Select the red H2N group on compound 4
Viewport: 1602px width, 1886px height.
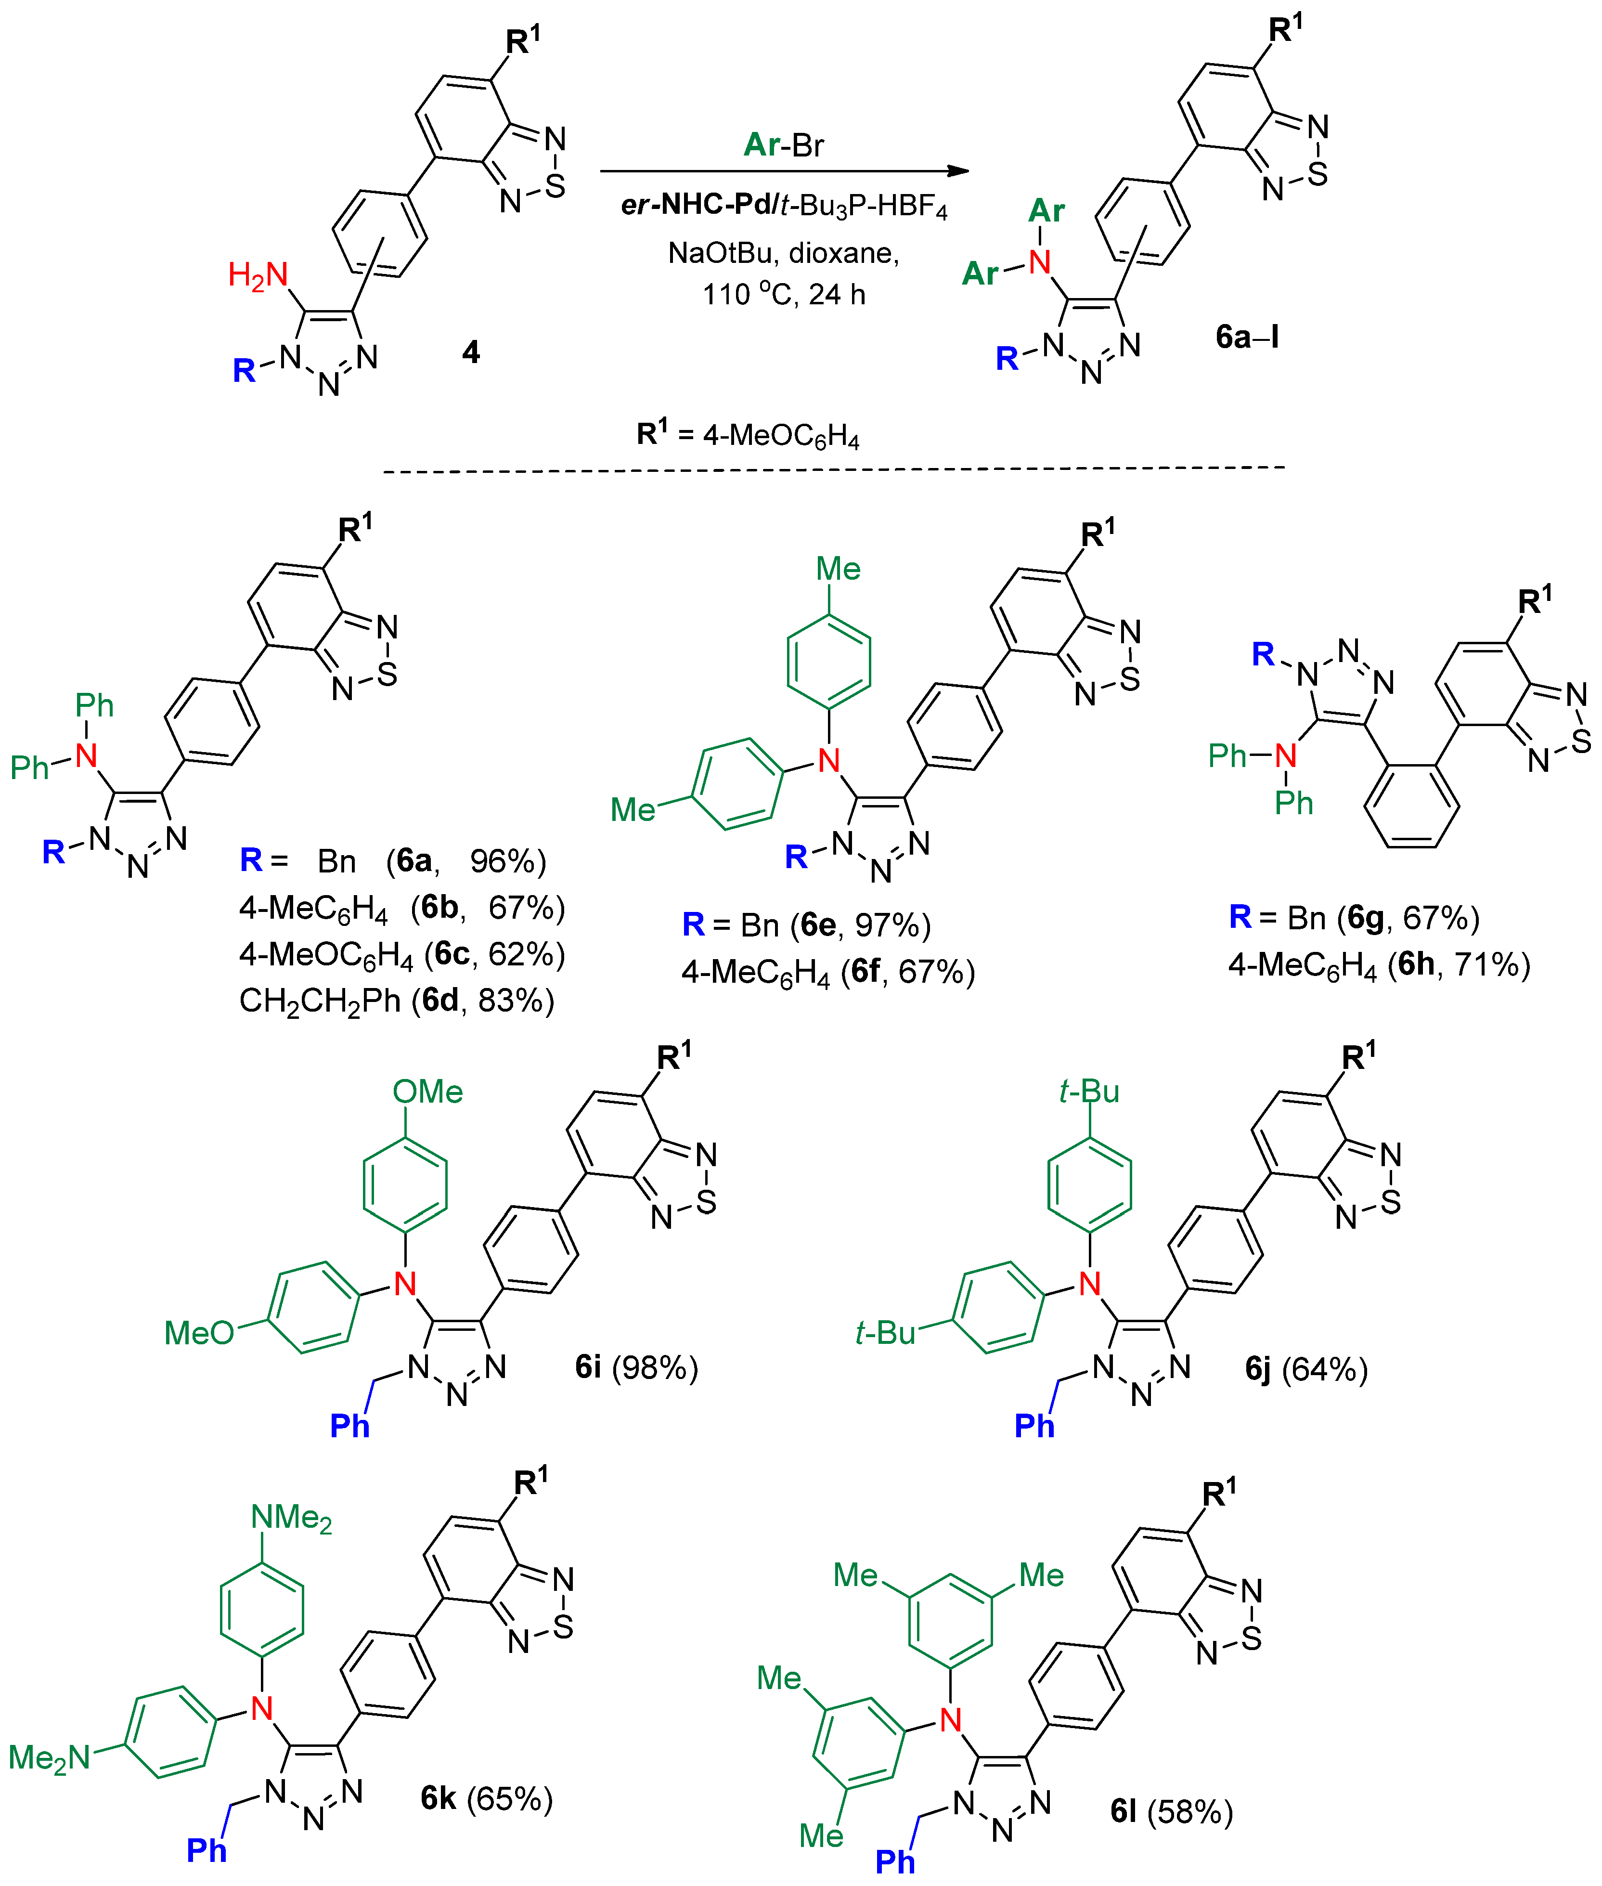pos(258,274)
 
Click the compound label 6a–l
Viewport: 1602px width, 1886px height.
pos(1247,337)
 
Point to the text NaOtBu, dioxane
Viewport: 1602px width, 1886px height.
pos(783,253)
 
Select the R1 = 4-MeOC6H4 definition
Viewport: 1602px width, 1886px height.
pos(748,435)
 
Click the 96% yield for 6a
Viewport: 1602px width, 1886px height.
pos(507,860)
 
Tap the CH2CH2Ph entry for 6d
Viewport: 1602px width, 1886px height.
pos(320,1000)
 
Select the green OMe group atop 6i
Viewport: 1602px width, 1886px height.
pos(428,1091)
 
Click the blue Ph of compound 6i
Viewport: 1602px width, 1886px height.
pos(349,1425)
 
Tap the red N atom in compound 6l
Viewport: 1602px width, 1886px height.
pos(950,1720)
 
